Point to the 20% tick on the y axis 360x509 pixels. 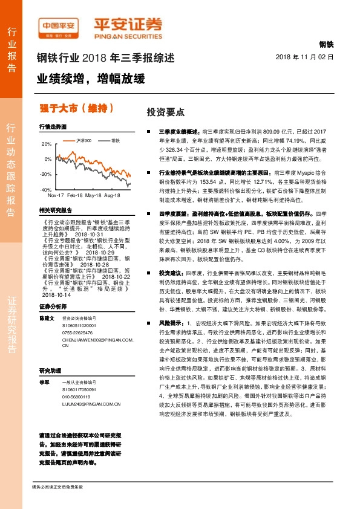47,144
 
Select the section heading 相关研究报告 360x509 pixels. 55,210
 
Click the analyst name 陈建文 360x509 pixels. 47,318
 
